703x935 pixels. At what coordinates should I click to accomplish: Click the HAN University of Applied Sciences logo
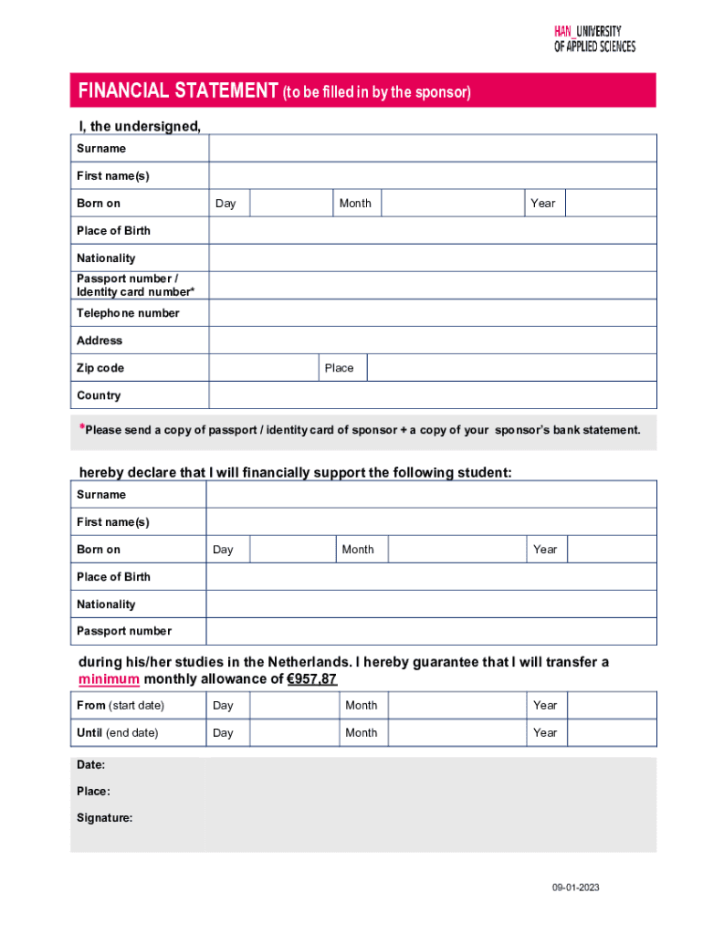coord(594,38)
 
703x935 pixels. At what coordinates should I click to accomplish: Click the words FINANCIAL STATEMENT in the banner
coord(178,91)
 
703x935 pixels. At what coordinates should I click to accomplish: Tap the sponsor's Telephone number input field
coord(432,313)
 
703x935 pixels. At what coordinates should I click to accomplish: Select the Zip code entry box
coord(263,368)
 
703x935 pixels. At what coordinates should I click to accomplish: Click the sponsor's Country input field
coord(432,395)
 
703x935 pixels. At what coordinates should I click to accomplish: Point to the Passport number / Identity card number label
coord(135,285)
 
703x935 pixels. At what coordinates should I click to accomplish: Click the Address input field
coord(432,341)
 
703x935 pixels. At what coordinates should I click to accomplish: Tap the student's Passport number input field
coord(431,631)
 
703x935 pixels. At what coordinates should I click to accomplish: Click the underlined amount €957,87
coord(312,679)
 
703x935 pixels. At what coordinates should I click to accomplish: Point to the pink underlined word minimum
coord(109,679)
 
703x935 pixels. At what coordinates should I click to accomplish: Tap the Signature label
coord(104,818)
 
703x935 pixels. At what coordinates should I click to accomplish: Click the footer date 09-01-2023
coord(575,888)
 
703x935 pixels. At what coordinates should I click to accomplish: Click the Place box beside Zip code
coord(511,368)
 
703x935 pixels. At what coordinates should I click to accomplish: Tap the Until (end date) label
coord(117,733)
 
